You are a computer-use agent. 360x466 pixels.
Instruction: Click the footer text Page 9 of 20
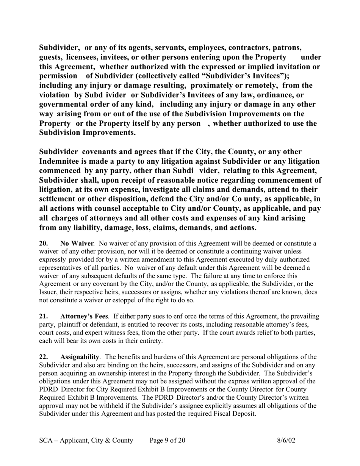click(167, 440)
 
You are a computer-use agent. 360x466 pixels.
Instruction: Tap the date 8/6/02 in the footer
click(286, 440)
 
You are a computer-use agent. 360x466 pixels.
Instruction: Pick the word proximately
click(225, 86)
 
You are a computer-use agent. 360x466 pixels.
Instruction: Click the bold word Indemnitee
click(63, 161)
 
